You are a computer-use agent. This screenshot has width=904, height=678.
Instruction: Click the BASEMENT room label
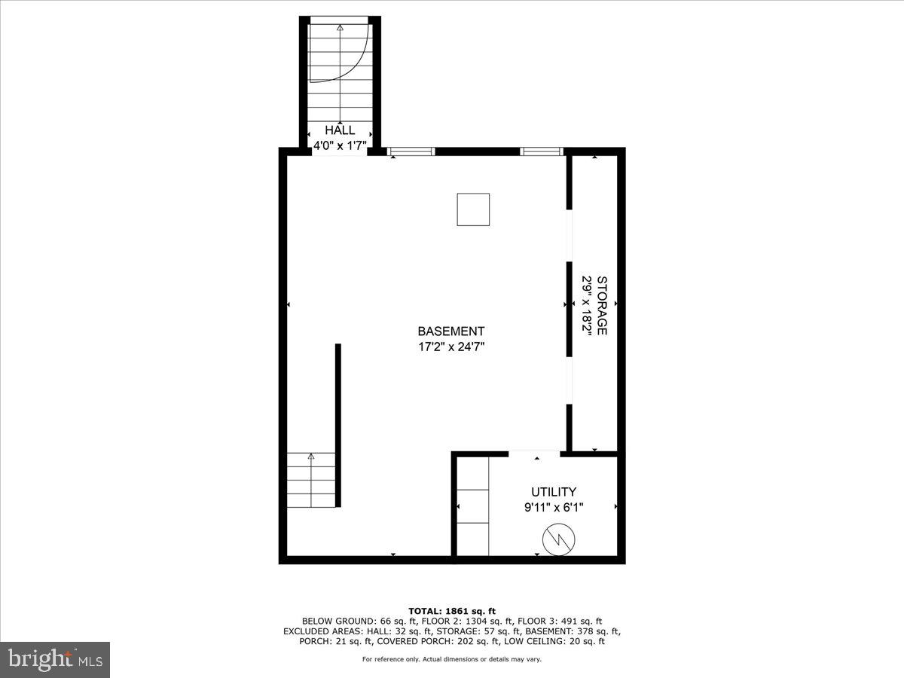coord(451,331)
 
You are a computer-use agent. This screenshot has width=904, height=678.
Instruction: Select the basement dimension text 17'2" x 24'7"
coord(451,347)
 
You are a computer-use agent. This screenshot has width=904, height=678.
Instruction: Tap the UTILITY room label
coord(554,492)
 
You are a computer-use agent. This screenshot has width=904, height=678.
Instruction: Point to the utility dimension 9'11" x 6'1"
coord(554,508)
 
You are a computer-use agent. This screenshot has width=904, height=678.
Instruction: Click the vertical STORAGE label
coord(602,305)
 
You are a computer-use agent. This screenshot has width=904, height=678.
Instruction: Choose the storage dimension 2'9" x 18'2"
coord(586,305)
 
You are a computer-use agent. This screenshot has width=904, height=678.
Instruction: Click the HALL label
coord(340,130)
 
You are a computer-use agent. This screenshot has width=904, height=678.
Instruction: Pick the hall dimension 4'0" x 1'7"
coord(340,146)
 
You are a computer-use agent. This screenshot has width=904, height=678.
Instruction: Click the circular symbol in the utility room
coord(559,539)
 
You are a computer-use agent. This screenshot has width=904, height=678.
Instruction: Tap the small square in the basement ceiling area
coord(473,209)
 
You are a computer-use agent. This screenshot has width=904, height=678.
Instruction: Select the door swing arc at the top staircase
coord(354,56)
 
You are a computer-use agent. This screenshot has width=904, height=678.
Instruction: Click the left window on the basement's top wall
coord(411,151)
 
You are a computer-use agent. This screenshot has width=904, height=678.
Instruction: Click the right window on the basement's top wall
coord(542,151)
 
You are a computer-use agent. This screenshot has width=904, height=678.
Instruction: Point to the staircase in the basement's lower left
coord(311,479)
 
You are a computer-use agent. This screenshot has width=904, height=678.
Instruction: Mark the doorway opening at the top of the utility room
coord(535,454)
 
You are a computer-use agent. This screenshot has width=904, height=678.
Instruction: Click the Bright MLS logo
coord(55,660)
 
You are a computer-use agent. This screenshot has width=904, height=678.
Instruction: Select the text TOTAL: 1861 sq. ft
coord(451,611)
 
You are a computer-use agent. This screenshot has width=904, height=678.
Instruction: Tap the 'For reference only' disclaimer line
coord(451,659)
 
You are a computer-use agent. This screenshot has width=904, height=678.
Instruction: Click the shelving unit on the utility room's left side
coord(473,505)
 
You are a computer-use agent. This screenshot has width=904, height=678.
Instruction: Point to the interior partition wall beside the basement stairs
coord(338,426)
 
